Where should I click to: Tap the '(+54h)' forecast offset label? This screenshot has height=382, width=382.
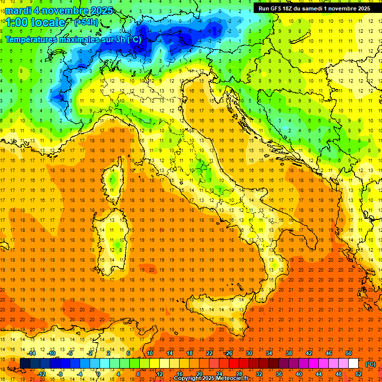[x=86, y=22]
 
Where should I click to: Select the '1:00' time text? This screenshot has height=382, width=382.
[x=17, y=22]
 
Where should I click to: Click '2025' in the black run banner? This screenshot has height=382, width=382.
[x=362, y=8]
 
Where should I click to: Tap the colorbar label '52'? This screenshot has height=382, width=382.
[x=359, y=374]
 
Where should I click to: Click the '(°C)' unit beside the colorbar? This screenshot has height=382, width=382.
[x=371, y=364]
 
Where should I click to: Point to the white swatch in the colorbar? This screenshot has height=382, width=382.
[x=354, y=364]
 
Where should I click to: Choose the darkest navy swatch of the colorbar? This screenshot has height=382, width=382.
[x=25, y=364]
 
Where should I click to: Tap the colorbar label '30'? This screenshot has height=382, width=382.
[x=249, y=353]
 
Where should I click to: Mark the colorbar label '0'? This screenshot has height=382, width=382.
[x=98, y=374]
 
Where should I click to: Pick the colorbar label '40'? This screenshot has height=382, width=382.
[x=299, y=374]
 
